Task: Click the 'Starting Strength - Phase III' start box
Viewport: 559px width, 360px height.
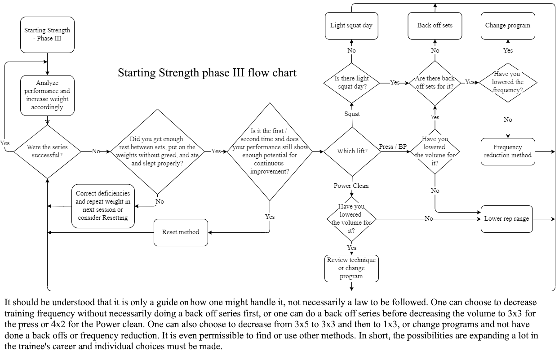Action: click(x=47, y=35)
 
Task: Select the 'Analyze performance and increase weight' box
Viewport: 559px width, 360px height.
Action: click(x=47, y=95)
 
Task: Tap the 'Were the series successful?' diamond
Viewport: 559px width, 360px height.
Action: click(x=47, y=151)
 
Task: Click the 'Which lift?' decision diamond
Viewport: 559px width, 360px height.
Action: click(x=352, y=151)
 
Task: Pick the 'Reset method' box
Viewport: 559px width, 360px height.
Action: click(x=181, y=232)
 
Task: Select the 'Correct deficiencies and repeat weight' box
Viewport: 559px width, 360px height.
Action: click(x=102, y=206)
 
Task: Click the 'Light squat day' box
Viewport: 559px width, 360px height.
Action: click(x=351, y=26)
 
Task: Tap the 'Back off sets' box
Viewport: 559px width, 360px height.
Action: click(x=435, y=26)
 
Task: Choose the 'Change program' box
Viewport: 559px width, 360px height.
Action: click(x=507, y=26)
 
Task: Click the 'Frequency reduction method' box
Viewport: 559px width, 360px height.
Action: click(x=507, y=151)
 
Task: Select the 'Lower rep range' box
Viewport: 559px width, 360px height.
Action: click(x=506, y=219)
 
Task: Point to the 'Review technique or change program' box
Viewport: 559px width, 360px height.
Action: click(x=351, y=268)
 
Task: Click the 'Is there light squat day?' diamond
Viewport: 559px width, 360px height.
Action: click(x=351, y=82)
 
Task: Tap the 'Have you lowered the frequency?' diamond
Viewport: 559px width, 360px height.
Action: click(x=507, y=82)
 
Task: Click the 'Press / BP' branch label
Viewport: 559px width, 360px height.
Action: click(x=393, y=147)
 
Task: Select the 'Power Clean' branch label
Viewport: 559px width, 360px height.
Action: click(x=351, y=186)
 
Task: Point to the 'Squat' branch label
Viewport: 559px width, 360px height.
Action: click(x=352, y=114)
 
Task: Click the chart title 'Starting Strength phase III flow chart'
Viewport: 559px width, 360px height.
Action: click(x=207, y=73)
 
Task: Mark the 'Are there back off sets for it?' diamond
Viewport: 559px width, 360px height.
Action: click(x=435, y=82)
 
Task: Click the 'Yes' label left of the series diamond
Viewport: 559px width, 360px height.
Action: click(x=5, y=143)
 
